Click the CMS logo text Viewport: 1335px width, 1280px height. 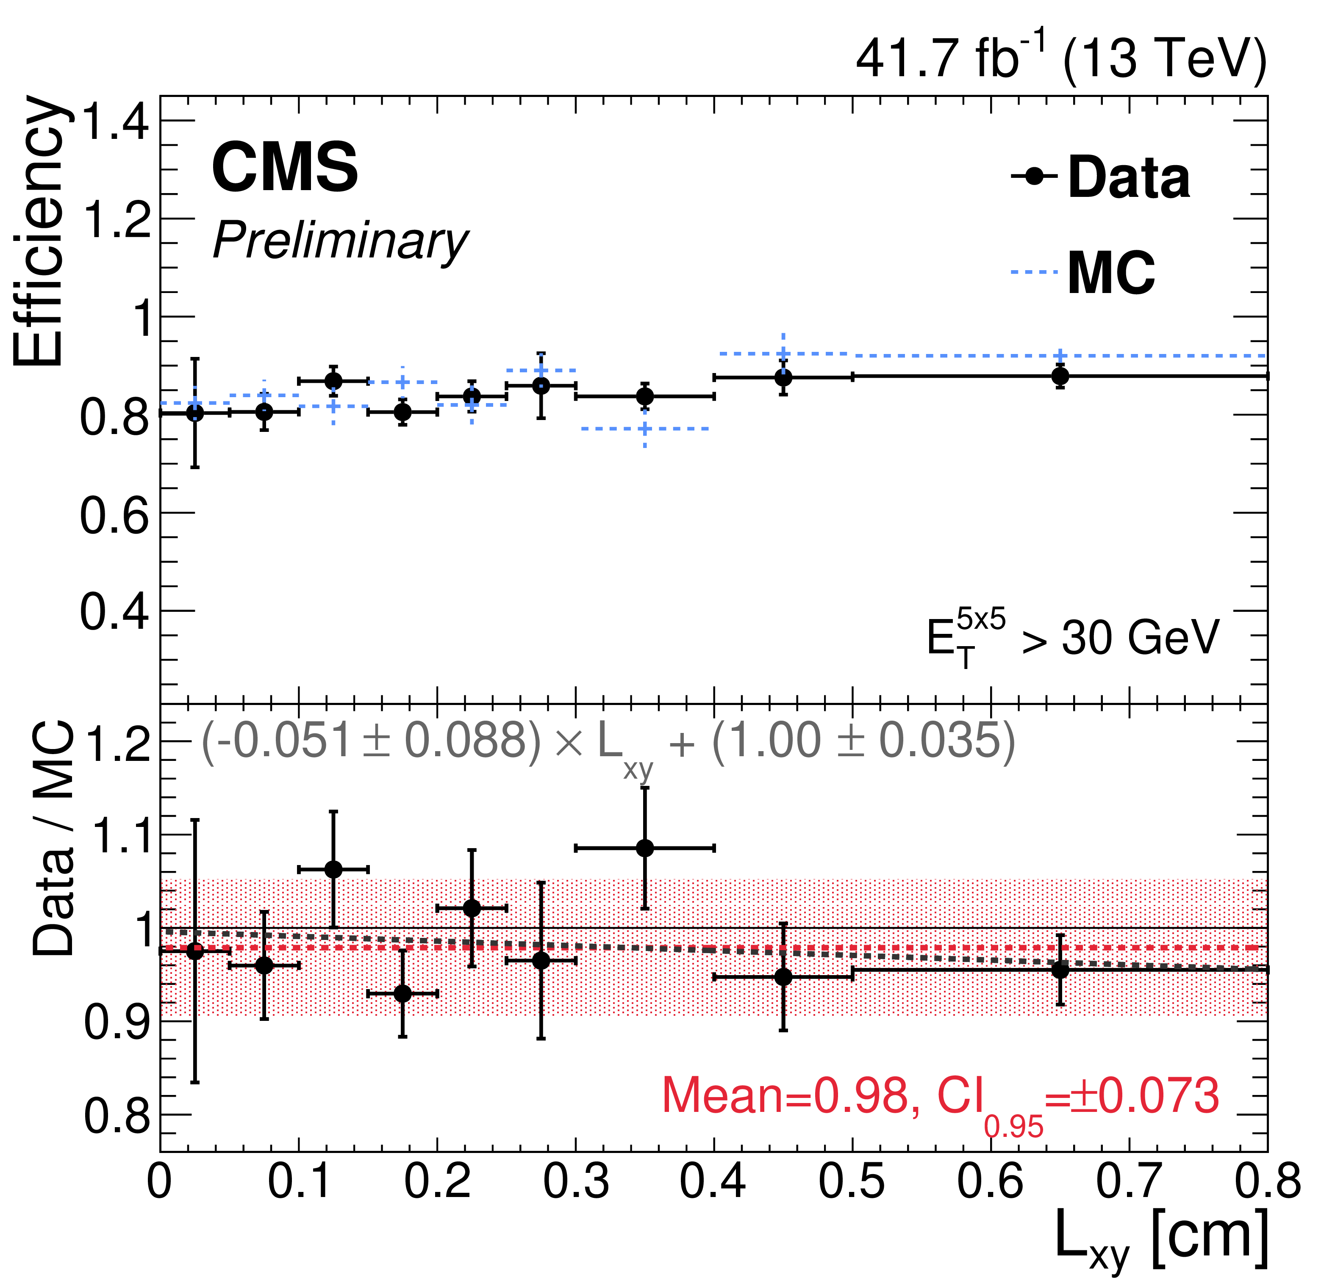pos(285,167)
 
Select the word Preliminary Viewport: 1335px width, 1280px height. pos(341,242)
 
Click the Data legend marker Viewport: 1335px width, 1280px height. pos(1035,176)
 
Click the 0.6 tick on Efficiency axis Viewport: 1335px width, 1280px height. pos(114,515)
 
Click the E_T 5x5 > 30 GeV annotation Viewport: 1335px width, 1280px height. pos(1073,639)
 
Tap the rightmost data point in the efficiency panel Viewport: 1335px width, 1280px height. pos(1060,376)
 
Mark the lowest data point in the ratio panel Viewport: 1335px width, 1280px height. pos(402,993)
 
